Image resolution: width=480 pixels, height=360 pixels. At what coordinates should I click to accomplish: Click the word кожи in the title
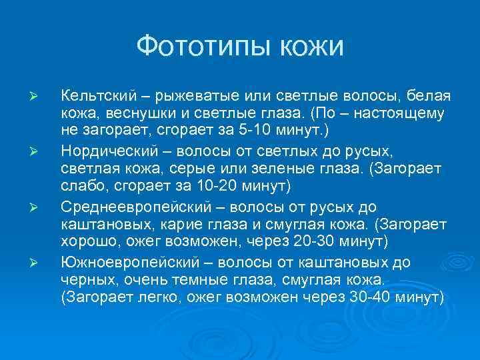tap(311, 47)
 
